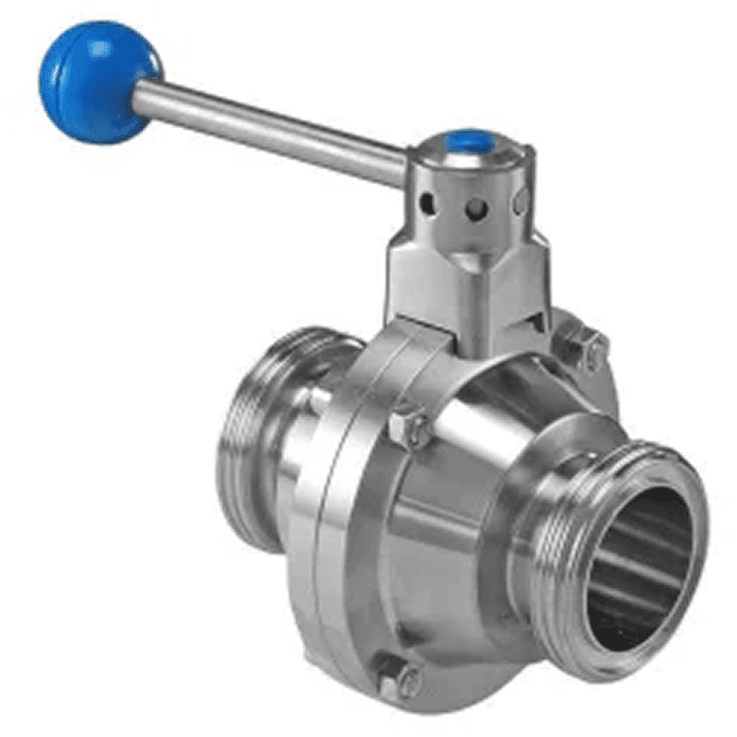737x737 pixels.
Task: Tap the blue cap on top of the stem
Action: [465, 143]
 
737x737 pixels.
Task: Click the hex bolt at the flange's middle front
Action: [409, 427]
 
